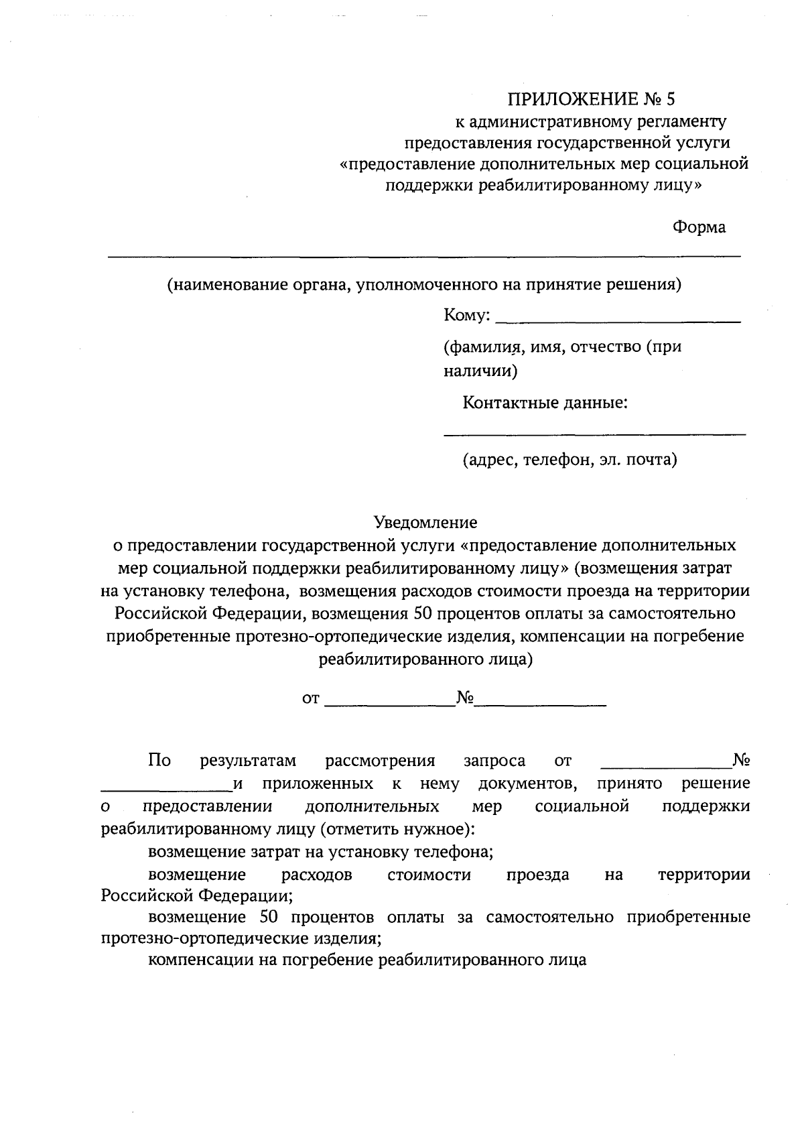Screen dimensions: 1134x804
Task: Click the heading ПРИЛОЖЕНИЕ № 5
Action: coord(592,100)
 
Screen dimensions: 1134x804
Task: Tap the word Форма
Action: coord(699,227)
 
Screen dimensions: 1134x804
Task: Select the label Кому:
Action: coord(467,316)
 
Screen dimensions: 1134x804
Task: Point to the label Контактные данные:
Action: coord(545,403)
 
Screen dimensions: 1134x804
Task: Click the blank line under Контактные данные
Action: coord(595,435)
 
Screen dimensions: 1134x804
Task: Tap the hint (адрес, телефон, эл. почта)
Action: coord(569,460)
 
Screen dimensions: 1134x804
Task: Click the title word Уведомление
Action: coord(425,522)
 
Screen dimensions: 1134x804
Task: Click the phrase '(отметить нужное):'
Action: coord(397,829)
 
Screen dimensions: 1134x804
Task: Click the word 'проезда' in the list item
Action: coord(538,875)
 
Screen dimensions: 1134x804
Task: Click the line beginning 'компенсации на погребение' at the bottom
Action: coord(367,960)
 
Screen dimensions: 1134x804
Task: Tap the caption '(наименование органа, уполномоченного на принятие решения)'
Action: coord(424,285)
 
